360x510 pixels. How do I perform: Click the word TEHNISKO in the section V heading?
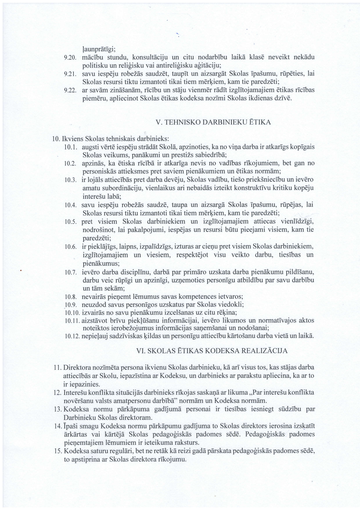(x=183, y=122)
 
